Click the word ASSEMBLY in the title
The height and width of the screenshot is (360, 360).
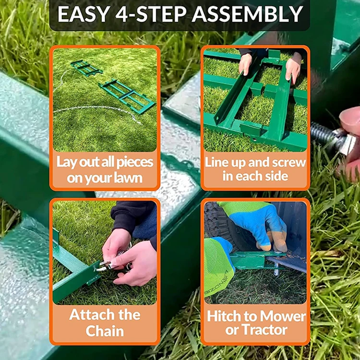(247, 14)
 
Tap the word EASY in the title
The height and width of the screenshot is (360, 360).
(83, 14)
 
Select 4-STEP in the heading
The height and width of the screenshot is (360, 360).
(151, 14)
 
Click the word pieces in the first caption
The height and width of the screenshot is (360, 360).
(135, 163)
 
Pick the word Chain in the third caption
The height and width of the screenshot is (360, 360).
(105, 331)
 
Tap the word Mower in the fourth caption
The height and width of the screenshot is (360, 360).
(283, 316)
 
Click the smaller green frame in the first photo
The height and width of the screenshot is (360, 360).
(86, 68)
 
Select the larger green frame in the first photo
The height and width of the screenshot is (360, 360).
(127, 96)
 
